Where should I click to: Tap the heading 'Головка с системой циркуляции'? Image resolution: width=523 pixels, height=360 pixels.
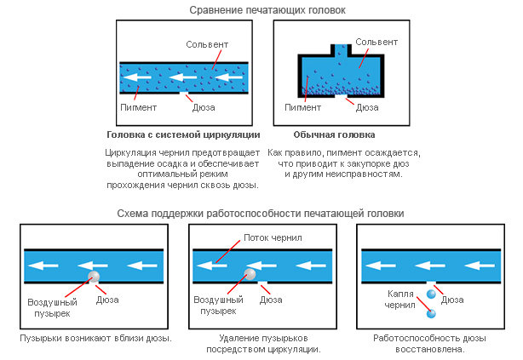[x=182, y=134]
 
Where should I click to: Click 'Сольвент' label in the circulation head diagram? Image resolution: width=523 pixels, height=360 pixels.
[x=206, y=43]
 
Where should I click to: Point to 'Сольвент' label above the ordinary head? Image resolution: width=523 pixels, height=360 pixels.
[x=376, y=41]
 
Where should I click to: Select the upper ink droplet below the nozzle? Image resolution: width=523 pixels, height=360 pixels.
[x=430, y=294]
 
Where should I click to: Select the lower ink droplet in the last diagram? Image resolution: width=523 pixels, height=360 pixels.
[x=430, y=314]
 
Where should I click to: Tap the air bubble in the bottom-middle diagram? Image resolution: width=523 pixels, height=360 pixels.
[x=249, y=274]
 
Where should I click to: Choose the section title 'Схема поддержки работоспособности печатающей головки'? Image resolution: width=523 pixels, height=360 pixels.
[x=261, y=213]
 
